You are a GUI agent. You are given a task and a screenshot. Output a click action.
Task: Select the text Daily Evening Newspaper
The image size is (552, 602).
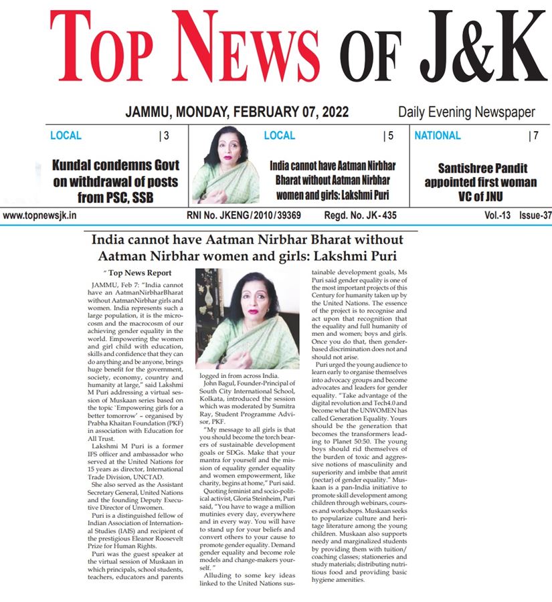coord(466,112)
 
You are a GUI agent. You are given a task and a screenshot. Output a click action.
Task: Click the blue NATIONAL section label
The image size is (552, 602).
coord(438,136)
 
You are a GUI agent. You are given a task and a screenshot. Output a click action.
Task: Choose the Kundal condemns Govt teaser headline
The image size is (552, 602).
coord(116,174)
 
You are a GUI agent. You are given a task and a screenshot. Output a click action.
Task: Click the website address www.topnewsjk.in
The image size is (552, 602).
coord(39,216)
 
